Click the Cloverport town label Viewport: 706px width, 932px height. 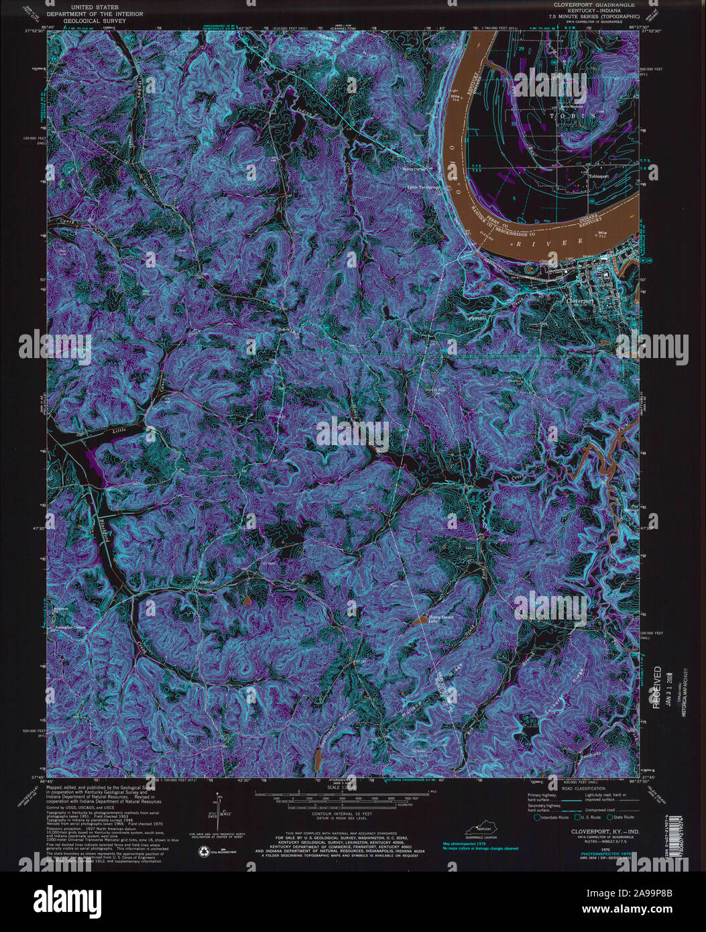[x=581, y=301]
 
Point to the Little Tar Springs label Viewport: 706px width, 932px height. [x=424, y=187]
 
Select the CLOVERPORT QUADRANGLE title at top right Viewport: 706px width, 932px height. [x=595, y=3]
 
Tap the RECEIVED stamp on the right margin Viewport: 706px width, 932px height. [x=657, y=687]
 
